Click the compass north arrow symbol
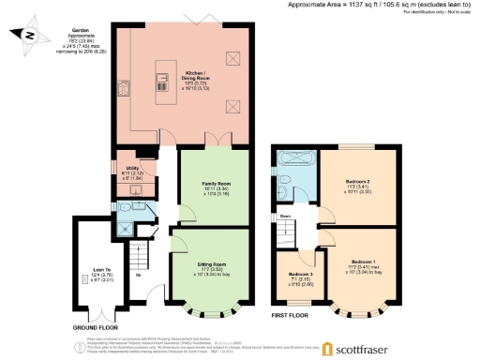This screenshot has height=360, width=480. click(x=31, y=37)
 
